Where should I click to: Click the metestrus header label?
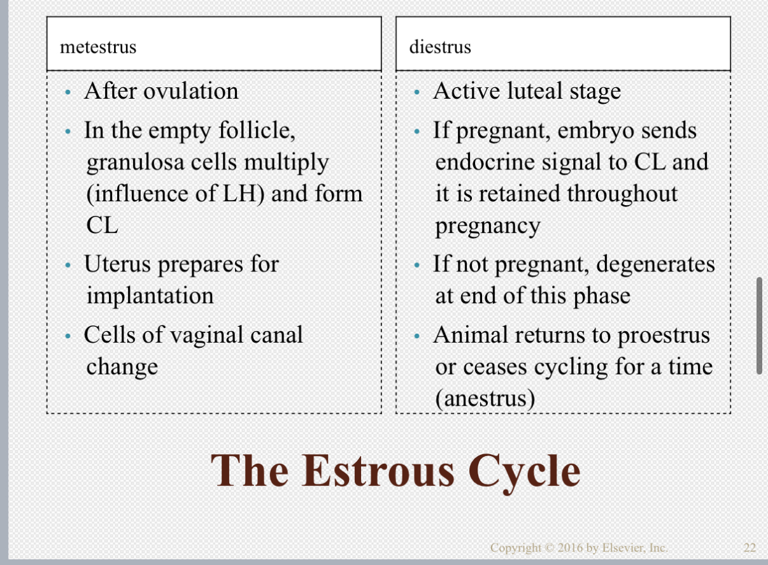coord(98,47)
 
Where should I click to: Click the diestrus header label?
coord(440,47)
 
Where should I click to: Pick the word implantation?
coord(150,296)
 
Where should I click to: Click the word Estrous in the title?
coord(380,471)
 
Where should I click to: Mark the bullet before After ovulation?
coord(68,93)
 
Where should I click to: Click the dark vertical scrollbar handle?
coord(759,325)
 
